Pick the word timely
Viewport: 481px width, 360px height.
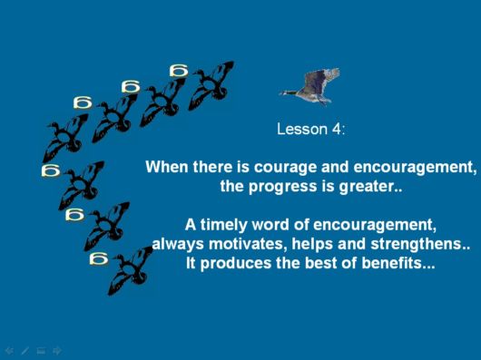click(x=222, y=225)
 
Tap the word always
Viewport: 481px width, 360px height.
click(x=176, y=244)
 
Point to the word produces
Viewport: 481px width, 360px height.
click(x=239, y=264)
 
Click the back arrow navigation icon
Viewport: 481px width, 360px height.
click(x=9, y=349)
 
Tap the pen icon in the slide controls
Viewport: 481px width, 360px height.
click(x=25, y=349)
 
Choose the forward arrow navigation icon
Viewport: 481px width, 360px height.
click(x=56, y=349)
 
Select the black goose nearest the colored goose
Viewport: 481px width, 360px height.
click(x=211, y=84)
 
